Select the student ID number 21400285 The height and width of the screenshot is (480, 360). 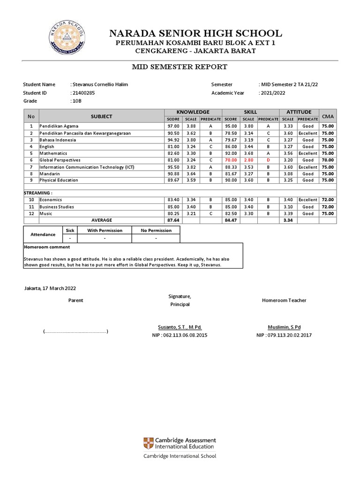pos(82,93)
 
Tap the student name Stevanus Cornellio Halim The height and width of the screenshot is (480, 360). pos(99,84)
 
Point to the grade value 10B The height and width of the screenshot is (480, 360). pos(75,101)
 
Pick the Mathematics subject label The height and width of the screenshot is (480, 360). pos(53,153)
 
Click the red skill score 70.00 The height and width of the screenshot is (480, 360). pos(230,160)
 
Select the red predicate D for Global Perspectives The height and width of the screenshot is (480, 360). pos(268,160)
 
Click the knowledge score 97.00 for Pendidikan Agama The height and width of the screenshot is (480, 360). pos(173,126)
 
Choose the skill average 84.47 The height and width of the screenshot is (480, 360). pos(230,220)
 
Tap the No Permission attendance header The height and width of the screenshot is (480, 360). pos(156,231)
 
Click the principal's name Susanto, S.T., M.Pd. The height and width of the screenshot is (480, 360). pos(180,327)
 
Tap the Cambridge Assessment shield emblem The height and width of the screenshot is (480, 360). pos(149,443)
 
